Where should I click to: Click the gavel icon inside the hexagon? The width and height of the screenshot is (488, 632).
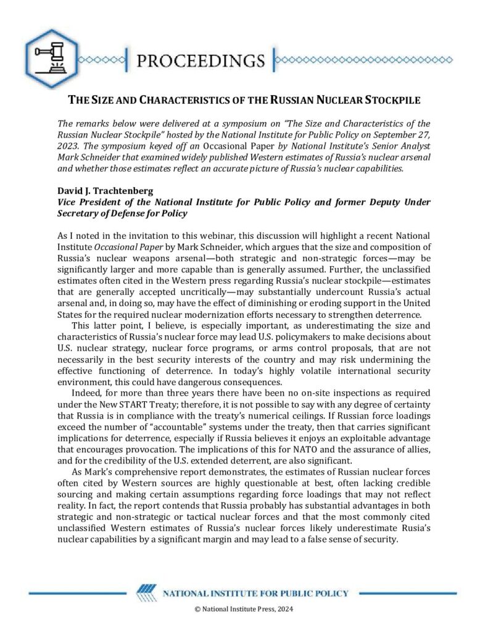click(x=52, y=57)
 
